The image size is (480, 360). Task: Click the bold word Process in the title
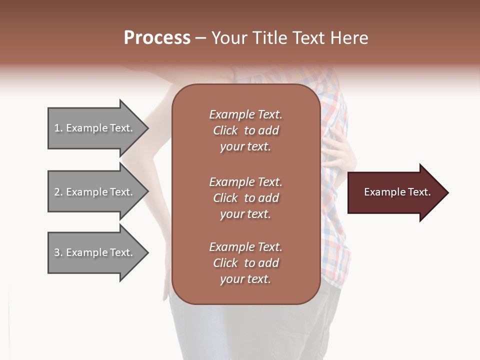coord(157,38)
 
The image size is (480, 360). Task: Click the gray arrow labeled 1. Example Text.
coord(95,128)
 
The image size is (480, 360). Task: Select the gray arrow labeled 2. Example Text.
coord(95,192)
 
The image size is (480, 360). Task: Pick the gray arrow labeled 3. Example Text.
coord(95,252)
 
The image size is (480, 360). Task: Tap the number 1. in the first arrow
coord(58,128)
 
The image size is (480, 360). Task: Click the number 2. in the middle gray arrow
coord(58,192)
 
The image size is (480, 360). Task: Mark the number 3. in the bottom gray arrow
coord(58,252)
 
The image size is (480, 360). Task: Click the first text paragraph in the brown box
coord(245,130)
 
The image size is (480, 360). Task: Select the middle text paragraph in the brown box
coord(245,198)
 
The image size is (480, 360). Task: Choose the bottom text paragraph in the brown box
coord(245,263)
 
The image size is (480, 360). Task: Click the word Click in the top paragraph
coord(225,130)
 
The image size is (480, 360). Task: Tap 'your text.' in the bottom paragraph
coord(245,279)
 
